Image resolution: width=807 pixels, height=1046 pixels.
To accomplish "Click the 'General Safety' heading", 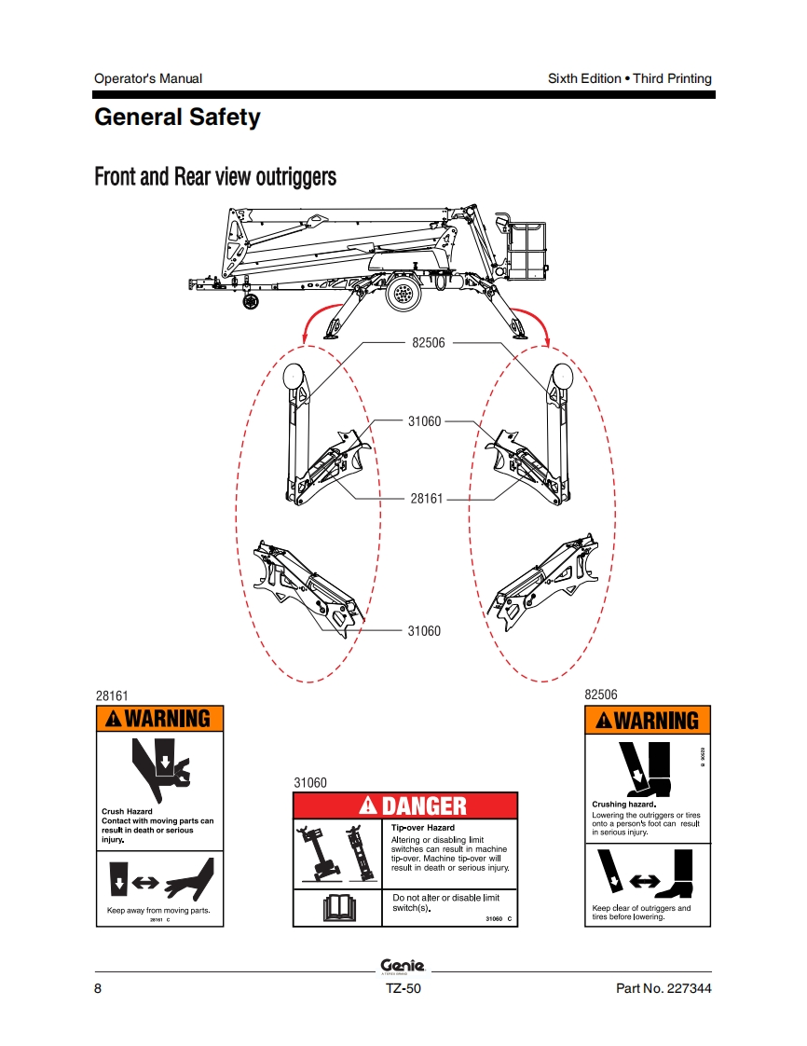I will (x=177, y=118).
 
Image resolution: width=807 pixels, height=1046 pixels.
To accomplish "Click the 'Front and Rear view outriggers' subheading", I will (x=215, y=175).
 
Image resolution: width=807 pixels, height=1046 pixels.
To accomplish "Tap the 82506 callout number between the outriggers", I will (x=428, y=342).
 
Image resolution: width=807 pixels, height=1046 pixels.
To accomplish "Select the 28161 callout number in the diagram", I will (x=426, y=499).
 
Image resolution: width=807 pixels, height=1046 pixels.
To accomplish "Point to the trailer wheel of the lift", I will (x=403, y=292).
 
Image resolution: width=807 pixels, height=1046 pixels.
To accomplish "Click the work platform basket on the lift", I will (x=527, y=247).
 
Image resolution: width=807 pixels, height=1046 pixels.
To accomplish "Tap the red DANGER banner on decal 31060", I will (x=405, y=805).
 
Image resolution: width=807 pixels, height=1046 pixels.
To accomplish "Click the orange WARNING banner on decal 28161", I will (x=160, y=718).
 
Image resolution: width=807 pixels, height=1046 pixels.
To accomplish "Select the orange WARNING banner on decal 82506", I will (x=647, y=720).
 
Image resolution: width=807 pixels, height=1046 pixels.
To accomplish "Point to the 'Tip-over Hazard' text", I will (x=423, y=828).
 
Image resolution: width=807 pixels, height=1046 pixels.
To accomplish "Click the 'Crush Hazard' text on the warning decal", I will (x=127, y=812).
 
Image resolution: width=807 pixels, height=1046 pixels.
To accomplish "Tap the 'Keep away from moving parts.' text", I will (x=158, y=910).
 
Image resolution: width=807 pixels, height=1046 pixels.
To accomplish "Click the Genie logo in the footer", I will (x=403, y=966).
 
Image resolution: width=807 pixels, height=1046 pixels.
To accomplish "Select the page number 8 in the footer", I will (x=99, y=989).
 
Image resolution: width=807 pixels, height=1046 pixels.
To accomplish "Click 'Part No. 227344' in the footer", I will (x=663, y=989).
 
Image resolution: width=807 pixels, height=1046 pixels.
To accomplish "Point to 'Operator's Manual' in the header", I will (x=148, y=78).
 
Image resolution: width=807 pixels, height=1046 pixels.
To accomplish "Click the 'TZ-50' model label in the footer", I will (x=403, y=989).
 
